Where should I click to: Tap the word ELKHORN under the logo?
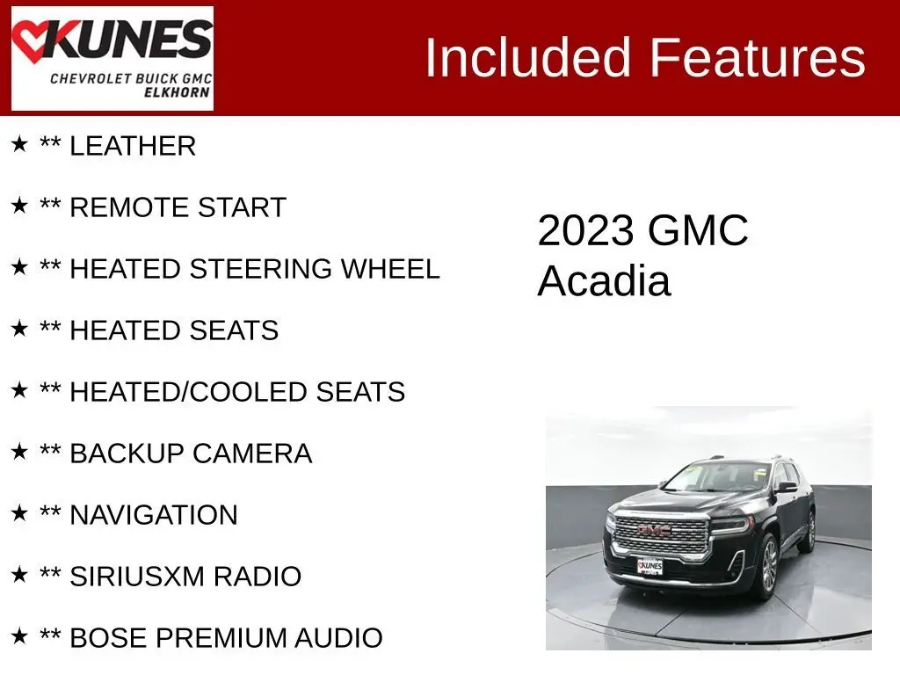177,92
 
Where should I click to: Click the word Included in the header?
528,57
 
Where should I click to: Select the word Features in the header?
757,57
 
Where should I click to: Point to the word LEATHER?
133,147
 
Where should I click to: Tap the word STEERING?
260,269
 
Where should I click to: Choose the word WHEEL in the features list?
390,269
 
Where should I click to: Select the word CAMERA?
252,454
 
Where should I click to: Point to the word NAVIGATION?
154,515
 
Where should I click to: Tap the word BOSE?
108,638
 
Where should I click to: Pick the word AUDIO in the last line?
338,638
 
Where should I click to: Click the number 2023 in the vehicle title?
585,231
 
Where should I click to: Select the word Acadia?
604,281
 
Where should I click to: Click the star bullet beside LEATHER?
19,143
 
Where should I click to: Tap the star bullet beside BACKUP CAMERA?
19,451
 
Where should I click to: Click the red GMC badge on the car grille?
654,530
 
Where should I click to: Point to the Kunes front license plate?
650,567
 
